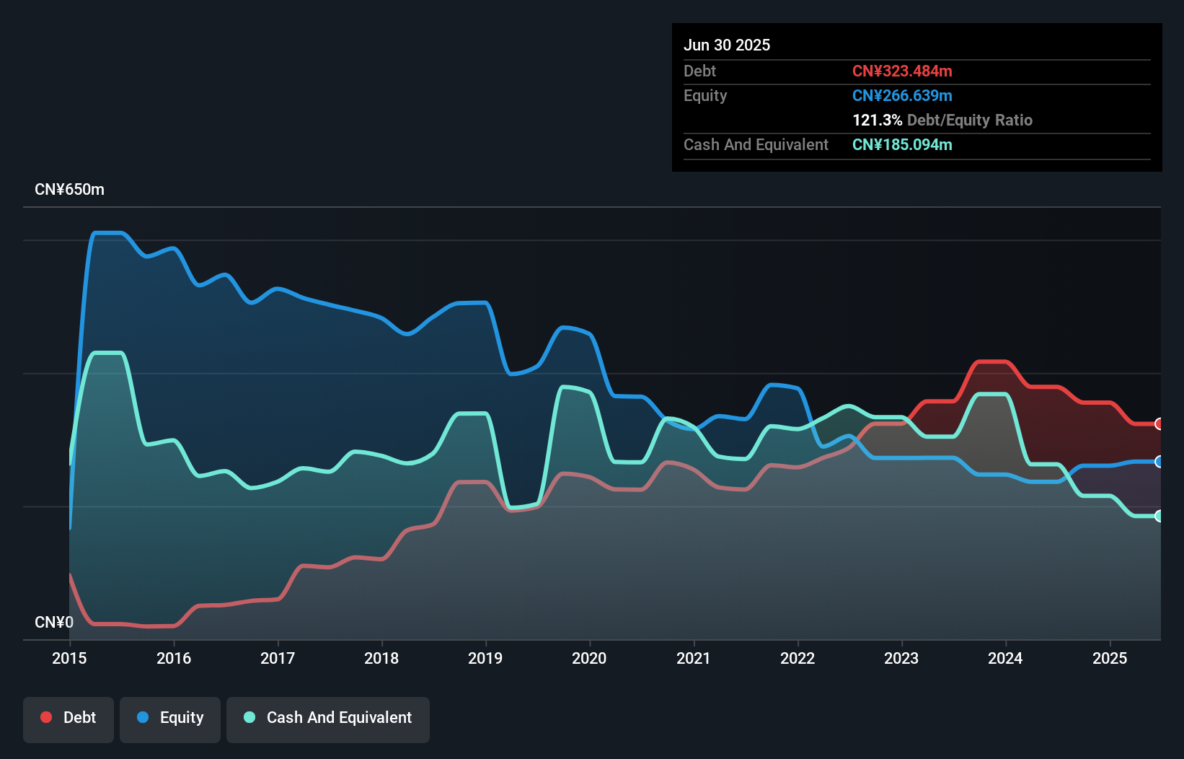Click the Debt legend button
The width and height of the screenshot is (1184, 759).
tap(69, 719)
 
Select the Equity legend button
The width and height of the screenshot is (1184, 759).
tap(170, 719)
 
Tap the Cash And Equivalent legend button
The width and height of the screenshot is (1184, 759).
tap(328, 719)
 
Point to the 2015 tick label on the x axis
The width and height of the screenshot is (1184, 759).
tap(69, 658)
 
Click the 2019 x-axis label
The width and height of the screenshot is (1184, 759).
tap(485, 658)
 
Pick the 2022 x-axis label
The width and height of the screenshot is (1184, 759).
tap(798, 658)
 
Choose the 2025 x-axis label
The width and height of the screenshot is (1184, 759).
tap(1110, 658)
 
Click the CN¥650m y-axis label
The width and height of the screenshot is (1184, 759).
tap(69, 190)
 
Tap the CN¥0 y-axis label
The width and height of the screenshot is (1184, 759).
tap(54, 622)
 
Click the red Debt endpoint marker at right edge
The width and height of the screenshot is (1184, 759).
tap(1159, 424)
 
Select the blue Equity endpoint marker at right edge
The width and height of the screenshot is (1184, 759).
tap(1159, 462)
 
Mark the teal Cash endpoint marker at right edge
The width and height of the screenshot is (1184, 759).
tap(1159, 516)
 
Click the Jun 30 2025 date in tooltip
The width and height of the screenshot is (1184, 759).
tap(727, 45)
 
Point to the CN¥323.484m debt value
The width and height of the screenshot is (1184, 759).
tap(902, 71)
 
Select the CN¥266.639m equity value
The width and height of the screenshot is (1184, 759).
tap(902, 95)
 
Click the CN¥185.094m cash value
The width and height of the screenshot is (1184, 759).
tap(902, 144)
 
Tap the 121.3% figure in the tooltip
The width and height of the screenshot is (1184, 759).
tap(877, 120)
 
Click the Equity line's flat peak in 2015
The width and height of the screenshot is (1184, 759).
tap(108, 233)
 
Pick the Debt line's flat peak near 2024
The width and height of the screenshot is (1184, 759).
tap(991, 361)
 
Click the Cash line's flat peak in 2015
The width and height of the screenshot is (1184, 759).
tap(108, 353)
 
